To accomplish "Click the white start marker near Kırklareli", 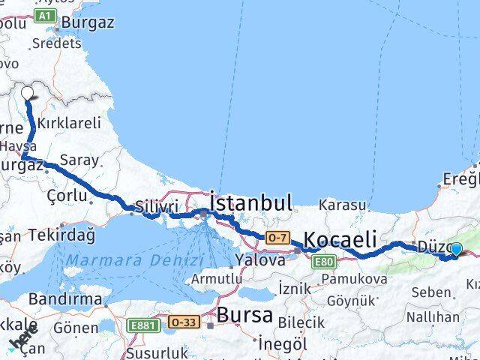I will pyautogui.click(x=28, y=94).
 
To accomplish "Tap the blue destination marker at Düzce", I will pyautogui.click(x=456, y=249).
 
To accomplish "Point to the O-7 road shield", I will pyautogui.click(x=276, y=238).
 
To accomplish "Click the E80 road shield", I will pyautogui.click(x=324, y=261).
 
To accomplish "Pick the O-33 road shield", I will pyautogui.click(x=184, y=322).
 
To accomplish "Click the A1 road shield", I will pyautogui.click(x=46, y=15).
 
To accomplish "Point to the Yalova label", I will pyautogui.click(x=259, y=260).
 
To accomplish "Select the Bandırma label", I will pyautogui.click(x=64, y=298).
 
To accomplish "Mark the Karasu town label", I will pyautogui.click(x=342, y=205).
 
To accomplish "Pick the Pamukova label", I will pyautogui.click(x=355, y=279).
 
